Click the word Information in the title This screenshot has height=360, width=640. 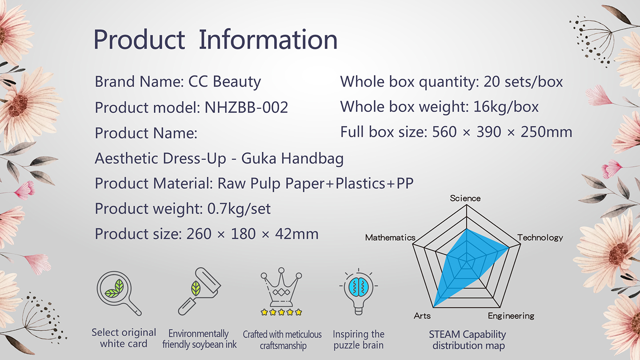268,40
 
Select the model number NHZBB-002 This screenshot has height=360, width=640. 246,108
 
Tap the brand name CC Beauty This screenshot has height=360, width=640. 224,82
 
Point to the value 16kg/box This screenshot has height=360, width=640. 506,107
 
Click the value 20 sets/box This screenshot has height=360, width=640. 523,82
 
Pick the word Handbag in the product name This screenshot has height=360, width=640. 312,159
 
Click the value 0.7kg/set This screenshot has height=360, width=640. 239,208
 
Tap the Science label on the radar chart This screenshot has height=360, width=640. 465,198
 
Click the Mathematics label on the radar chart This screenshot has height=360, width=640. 390,237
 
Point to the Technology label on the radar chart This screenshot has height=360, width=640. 540,238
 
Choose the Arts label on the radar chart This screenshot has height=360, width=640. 422,316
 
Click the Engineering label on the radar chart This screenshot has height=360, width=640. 511,316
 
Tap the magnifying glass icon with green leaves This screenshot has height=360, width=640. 118,292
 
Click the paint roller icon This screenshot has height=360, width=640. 200,291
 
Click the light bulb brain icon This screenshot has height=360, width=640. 359,292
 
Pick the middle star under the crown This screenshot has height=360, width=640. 281,312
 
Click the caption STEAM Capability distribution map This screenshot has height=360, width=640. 468,340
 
